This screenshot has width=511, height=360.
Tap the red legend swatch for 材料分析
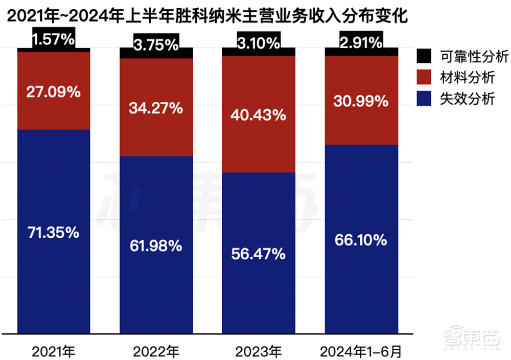tap(424, 78)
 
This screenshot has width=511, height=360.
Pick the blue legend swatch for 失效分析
tap(424, 99)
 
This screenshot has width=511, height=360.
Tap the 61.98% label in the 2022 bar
tap(156, 246)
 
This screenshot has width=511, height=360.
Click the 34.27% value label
tap(156, 108)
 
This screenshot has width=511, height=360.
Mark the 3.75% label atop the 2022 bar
tap(156, 44)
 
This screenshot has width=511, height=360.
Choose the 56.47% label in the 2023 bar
tap(259, 254)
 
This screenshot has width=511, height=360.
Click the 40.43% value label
tap(259, 115)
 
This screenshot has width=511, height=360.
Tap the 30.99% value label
tap(361, 101)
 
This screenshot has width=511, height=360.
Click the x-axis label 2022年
tap(156, 351)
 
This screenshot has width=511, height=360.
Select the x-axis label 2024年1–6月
tap(361, 351)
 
